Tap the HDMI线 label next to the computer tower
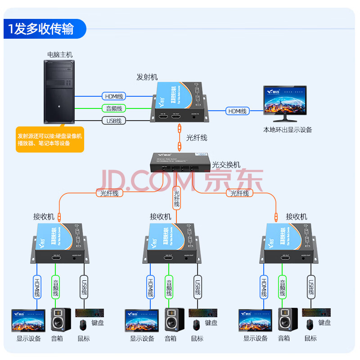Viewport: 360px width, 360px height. (x=114, y=96)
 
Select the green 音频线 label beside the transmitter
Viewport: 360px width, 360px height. (x=114, y=108)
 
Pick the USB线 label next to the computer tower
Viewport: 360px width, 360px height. (x=114, y=121)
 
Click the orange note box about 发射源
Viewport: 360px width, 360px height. (x=49, y=139)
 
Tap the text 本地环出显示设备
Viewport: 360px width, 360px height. (x=288, y=130)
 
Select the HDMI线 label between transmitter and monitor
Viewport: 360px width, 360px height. (x=237, y=111)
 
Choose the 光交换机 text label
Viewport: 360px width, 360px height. (x=226, y=165)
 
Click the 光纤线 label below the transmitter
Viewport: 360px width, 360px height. (x=196, y=138)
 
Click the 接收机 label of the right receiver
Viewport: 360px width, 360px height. (x=296, y=217)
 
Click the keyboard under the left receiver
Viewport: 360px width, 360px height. (x=90, y=312)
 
